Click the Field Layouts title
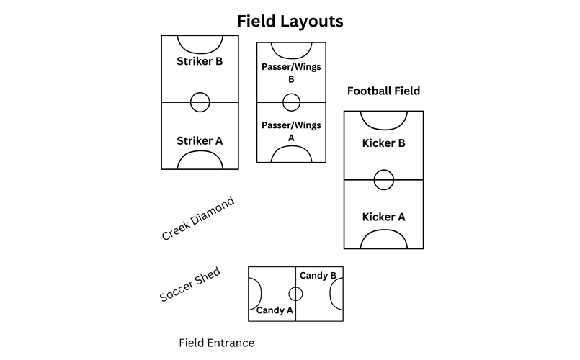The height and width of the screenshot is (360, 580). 290,22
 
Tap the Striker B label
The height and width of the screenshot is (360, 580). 200,61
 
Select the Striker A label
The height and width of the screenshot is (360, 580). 200,141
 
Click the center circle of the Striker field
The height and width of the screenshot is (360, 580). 200,93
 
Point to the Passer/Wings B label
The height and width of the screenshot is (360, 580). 291,73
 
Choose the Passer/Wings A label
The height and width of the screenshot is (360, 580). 291,132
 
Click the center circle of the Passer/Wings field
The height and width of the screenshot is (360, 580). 292,94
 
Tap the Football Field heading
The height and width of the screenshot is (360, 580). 383,91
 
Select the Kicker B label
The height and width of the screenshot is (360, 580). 383,143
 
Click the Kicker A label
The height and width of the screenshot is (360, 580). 383,217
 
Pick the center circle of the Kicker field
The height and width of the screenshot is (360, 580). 384,171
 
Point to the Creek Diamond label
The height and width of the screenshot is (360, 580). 198,218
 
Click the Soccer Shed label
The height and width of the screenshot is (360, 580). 190,284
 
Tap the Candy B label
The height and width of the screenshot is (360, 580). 318,276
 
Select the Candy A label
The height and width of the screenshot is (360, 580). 275,310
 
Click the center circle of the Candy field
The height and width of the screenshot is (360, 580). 295,287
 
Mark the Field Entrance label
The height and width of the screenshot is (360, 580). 217,343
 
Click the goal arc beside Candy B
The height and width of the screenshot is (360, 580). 330,294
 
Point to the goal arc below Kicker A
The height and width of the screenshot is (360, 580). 384,230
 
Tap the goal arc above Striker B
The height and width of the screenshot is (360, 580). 200,53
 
